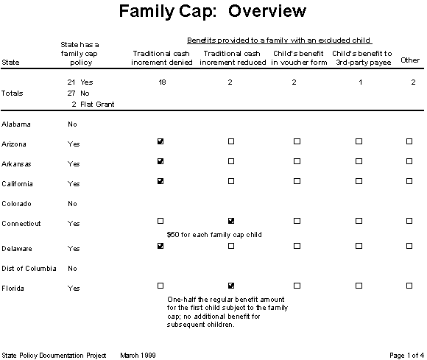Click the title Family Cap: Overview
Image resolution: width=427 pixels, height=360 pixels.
click(x=213, y=13)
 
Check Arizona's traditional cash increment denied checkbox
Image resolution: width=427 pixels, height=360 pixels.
click(x=160, y=141)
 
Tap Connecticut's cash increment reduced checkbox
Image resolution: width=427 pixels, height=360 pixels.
click(x=231, y=221)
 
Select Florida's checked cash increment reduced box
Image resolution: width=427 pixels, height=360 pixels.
click(x=231, y=286)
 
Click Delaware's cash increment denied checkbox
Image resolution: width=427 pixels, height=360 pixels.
click(x=160, y=246)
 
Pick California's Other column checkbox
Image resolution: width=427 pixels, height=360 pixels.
click(x=410, y=181)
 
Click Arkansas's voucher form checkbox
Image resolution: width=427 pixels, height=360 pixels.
click(x=297, y=161)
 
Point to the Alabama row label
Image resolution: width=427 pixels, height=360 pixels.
click(x=15, y=124)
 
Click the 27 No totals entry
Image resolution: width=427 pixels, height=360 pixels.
click(x=77, y=93)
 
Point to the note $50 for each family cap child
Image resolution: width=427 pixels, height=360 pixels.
click(x=213, y=234)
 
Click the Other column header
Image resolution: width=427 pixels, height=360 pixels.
click(x=409, y=60)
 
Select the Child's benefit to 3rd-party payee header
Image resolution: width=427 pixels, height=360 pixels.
click(x=362, y=58)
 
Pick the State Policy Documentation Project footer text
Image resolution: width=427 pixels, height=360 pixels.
click(x=54, y=355)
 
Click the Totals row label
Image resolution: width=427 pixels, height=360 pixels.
click(x=13, y=93)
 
